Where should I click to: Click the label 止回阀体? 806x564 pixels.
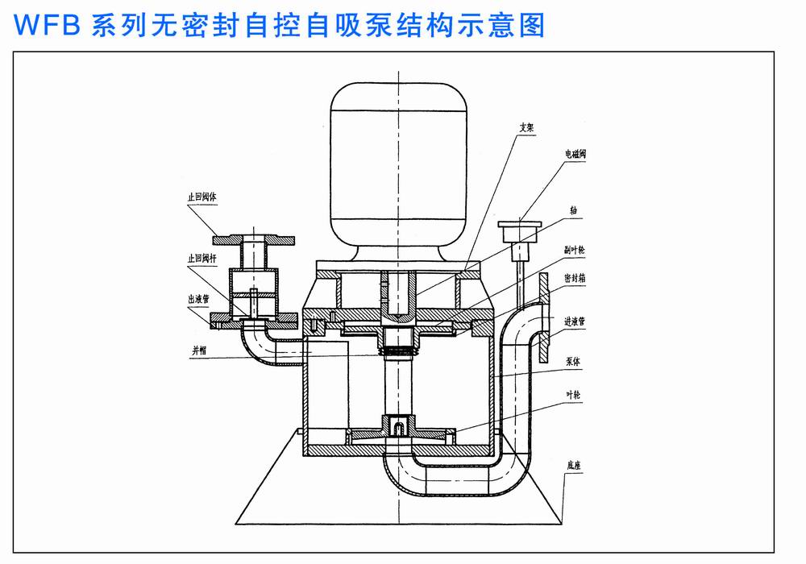tap(200, 196)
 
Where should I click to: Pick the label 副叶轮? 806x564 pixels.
tap(575, 250)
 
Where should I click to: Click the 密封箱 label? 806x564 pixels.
tap(575, 276)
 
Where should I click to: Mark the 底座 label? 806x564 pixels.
tap(575, 465)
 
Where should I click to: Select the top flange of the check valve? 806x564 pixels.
tap(253, 239)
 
